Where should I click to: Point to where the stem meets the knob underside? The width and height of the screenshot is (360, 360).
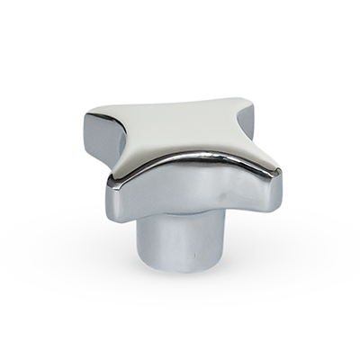(x=180, y=212)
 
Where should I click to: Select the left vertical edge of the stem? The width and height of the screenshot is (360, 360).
(x=142, y=238)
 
